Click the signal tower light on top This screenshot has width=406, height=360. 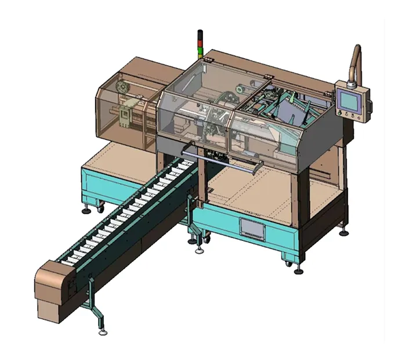(200, 44)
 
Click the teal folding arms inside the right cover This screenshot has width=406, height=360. (290, 107)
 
